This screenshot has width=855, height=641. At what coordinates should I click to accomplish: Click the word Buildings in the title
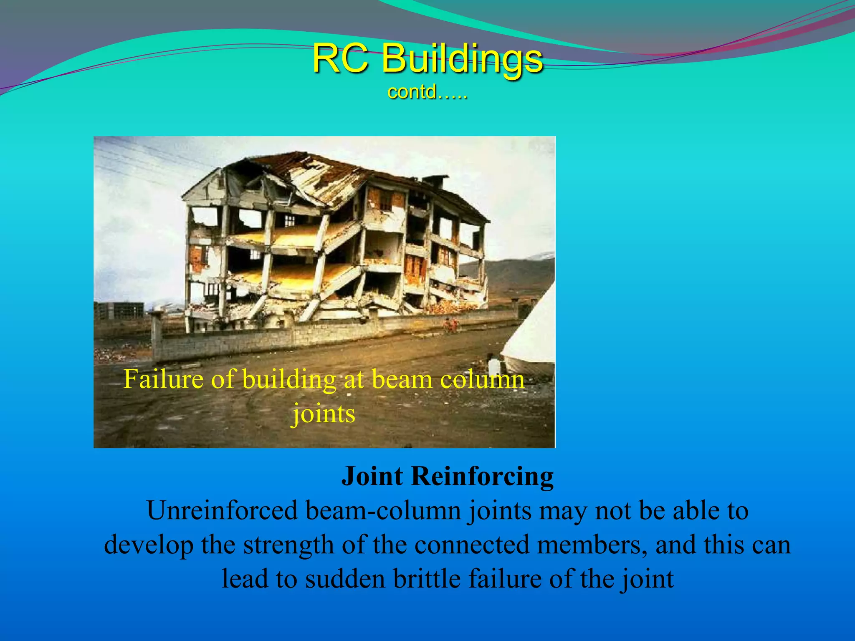463,59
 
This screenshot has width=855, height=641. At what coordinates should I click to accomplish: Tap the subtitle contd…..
427,92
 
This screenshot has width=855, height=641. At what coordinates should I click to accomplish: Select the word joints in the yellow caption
324,414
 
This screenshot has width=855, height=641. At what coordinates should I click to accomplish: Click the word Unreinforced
222,511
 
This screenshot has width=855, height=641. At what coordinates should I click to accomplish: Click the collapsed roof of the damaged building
317,175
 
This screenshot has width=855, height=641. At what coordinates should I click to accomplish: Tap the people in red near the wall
450,325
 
